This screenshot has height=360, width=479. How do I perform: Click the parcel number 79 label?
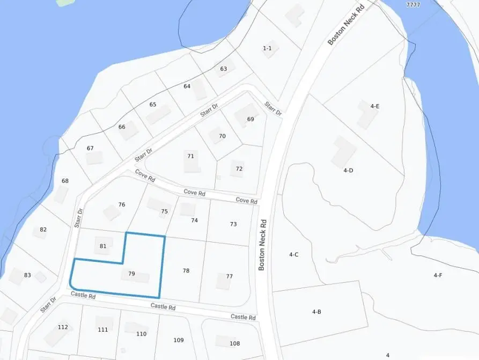(131, 274)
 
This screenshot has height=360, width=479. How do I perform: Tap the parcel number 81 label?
(103, 246)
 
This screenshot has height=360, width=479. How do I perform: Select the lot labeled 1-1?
(267, 48)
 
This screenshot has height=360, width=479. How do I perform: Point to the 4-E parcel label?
(375, 106)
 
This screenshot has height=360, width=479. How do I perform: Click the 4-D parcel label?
(348, 170)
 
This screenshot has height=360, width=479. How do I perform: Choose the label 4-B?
(316, 311)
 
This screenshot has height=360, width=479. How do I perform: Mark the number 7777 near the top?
(413, 5)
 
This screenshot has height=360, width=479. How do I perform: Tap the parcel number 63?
(224, 69)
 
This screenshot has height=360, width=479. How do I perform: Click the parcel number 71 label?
(190, 156)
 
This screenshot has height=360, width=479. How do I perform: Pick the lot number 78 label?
(186, 271)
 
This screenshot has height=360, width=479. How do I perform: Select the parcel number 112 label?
(63, 327)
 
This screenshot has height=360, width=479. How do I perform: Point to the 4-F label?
(438, 275)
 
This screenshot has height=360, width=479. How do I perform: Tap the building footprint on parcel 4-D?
(343, 151)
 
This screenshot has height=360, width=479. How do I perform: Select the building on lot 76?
(112, 212)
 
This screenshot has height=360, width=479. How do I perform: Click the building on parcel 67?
(94, 158)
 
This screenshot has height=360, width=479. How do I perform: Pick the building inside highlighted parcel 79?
(142, 277)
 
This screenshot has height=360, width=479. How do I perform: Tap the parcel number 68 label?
(65, 181)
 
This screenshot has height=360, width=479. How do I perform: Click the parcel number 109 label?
(179, 340)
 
